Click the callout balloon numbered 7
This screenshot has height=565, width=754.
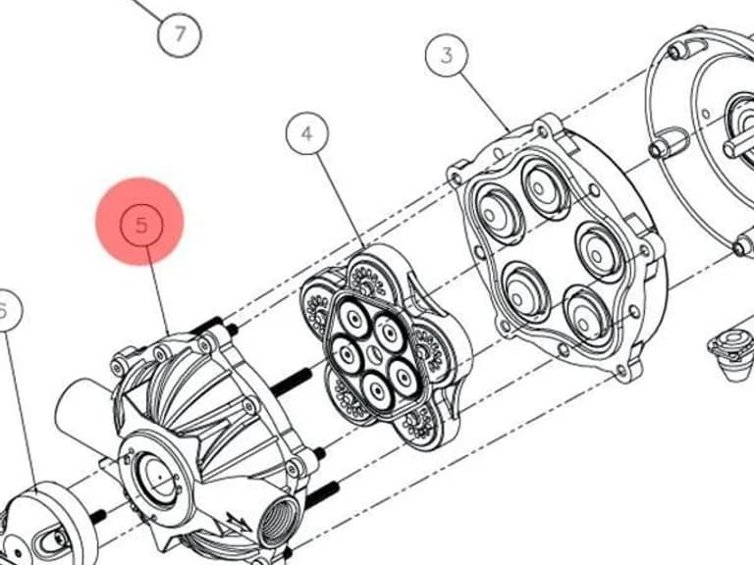(x=180, y=34)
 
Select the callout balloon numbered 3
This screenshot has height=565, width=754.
(x=447, y=55)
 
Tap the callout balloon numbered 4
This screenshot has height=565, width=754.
(x=307, y=133)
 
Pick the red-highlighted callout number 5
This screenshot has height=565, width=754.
(x=141, y=224)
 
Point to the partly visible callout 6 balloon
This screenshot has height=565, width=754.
(x=6, y=310)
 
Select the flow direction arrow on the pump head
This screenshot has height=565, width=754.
(x=237, y=523)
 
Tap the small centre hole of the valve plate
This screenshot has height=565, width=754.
(x=374, y=356)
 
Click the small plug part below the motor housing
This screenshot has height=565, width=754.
(x=730, y=354)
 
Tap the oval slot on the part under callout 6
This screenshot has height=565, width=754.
(x=50, y=541)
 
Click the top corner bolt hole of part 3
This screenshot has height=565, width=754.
(x=543, y=130)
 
